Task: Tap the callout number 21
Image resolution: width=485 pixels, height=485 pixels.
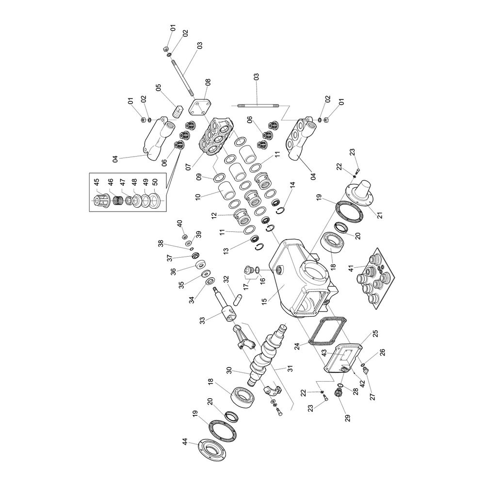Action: (380, 213)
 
